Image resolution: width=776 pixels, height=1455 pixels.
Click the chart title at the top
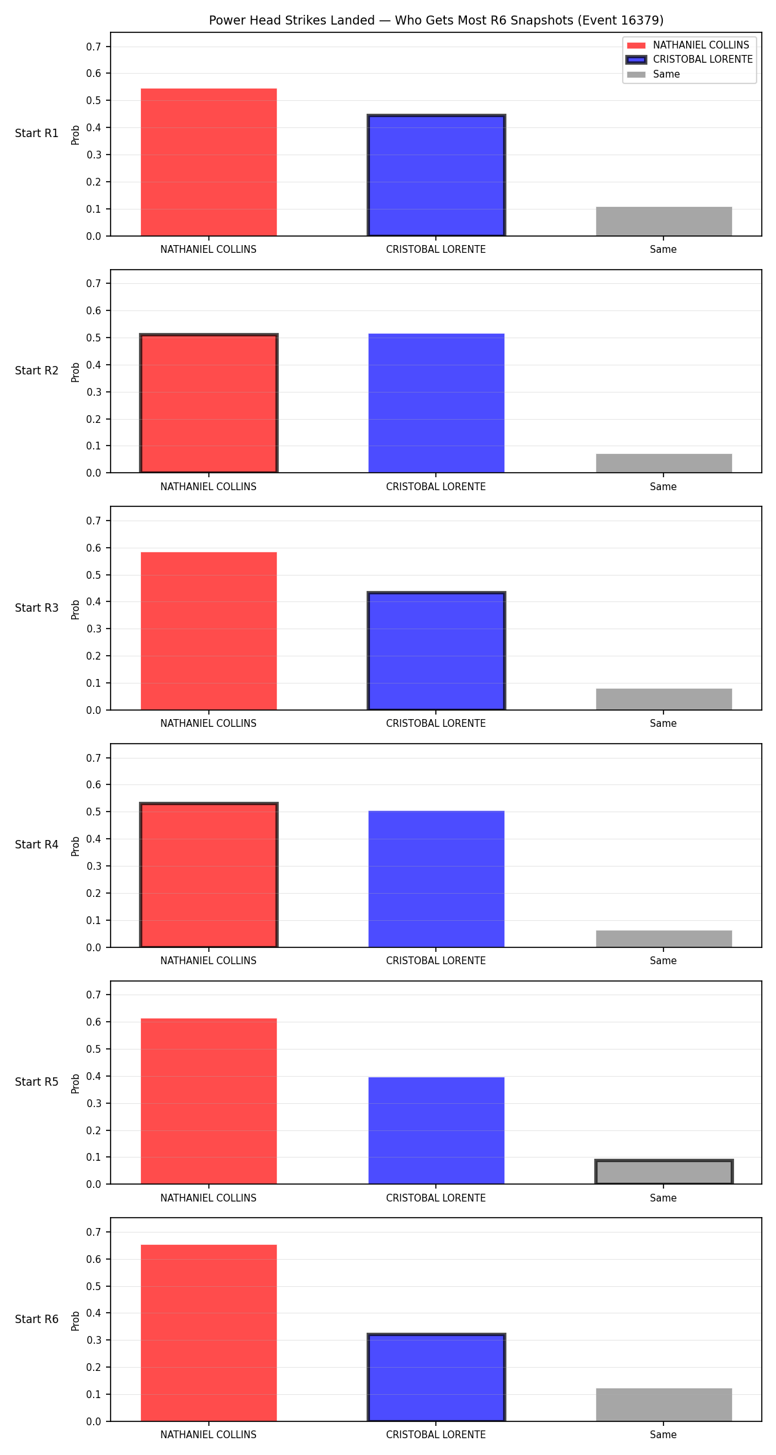[x=436, y=20]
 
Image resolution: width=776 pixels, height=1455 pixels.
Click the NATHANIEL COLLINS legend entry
[x=688, y=45]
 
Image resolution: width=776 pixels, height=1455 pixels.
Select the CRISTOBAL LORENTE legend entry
[x=689, y=59]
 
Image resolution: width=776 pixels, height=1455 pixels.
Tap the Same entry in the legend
[x=653, y=74]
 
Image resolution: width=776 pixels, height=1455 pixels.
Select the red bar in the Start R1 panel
[x=209, y=162]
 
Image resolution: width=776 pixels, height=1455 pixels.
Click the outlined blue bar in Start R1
[x=436, y=175]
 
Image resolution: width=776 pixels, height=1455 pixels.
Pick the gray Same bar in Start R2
[x=664, y=464]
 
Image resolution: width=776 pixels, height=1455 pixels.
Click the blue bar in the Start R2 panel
[x=436, y=404]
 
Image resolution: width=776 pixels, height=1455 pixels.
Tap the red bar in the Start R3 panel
[x=209, y=631]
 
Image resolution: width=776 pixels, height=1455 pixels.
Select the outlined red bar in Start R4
[x=209, y=876]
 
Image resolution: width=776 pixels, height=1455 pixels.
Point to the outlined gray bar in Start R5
[x=664, y=1172]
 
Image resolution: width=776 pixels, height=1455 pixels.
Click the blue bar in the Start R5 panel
[x=436, y=1130]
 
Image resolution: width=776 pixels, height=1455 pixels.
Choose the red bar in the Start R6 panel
[x=209, y=1333]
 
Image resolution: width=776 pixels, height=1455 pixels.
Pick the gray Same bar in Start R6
[x=664, y=1405]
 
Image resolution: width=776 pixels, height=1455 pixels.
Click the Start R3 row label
[x=37, y=608]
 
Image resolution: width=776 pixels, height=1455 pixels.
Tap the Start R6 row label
[x=37, y=1319]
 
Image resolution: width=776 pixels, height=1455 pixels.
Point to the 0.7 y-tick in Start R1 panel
[x=94, y=47]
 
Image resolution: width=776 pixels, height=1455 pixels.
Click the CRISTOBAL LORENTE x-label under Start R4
[x=436, y=961]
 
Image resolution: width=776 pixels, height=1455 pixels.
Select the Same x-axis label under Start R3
[x=663, y=724]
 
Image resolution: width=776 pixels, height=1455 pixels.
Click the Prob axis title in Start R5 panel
[x=76, y=1083]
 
